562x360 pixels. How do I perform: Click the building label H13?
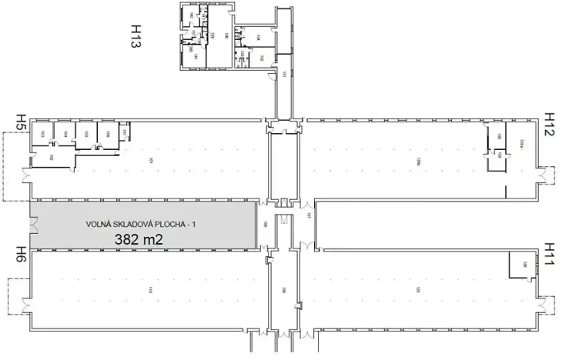135,35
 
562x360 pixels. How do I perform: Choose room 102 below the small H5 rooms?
51,158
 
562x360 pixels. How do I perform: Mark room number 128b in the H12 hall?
418,160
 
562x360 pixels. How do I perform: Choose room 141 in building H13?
196,57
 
